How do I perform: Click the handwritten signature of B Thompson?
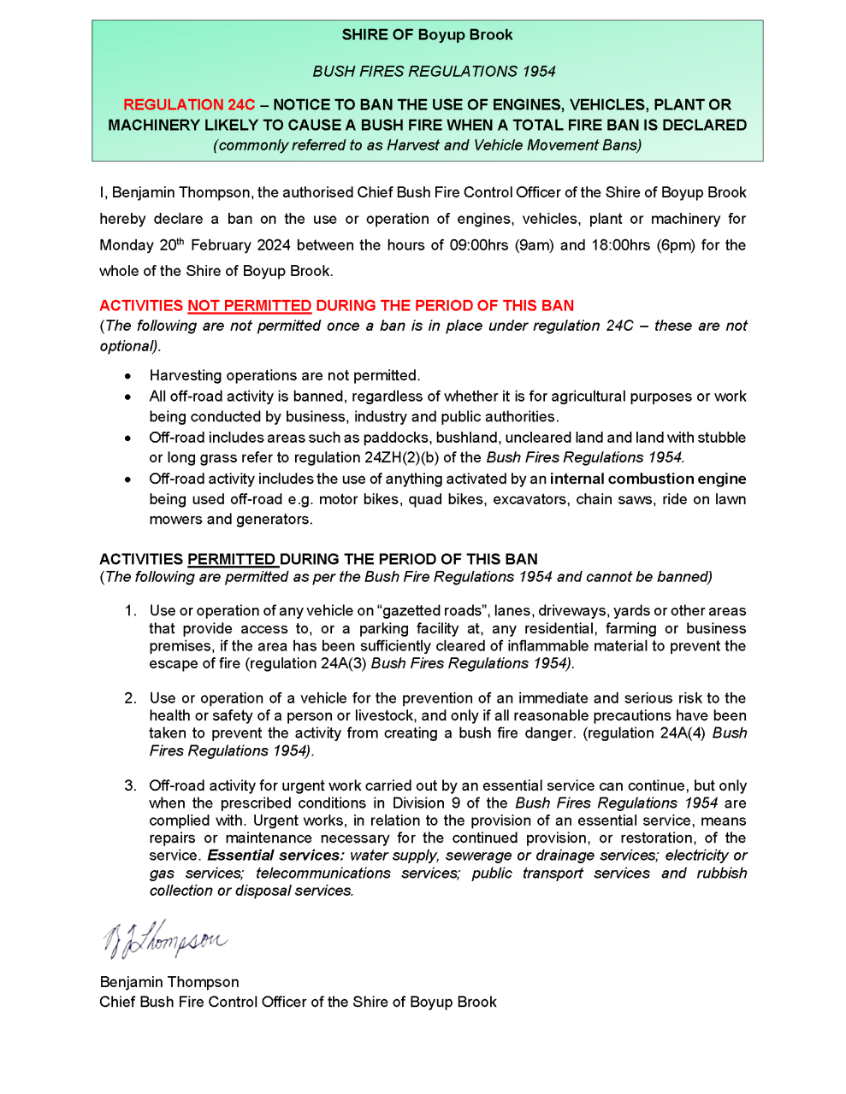[x=165, y=939]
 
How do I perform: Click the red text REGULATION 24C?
[x=189, y=105]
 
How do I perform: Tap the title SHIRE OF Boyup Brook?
[x=427, y=35]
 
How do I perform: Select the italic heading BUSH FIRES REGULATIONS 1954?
[x=434, y=72]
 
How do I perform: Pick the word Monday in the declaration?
[x=126, y=245]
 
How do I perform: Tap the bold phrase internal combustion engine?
[x=648, y=479]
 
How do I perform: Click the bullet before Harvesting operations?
[x=127, y=376]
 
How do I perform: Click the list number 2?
[x=130, y=698]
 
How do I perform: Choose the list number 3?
[x=130, y=785]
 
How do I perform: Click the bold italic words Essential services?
[x=275, y=856]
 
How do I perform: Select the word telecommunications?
[x=322, y=873]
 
